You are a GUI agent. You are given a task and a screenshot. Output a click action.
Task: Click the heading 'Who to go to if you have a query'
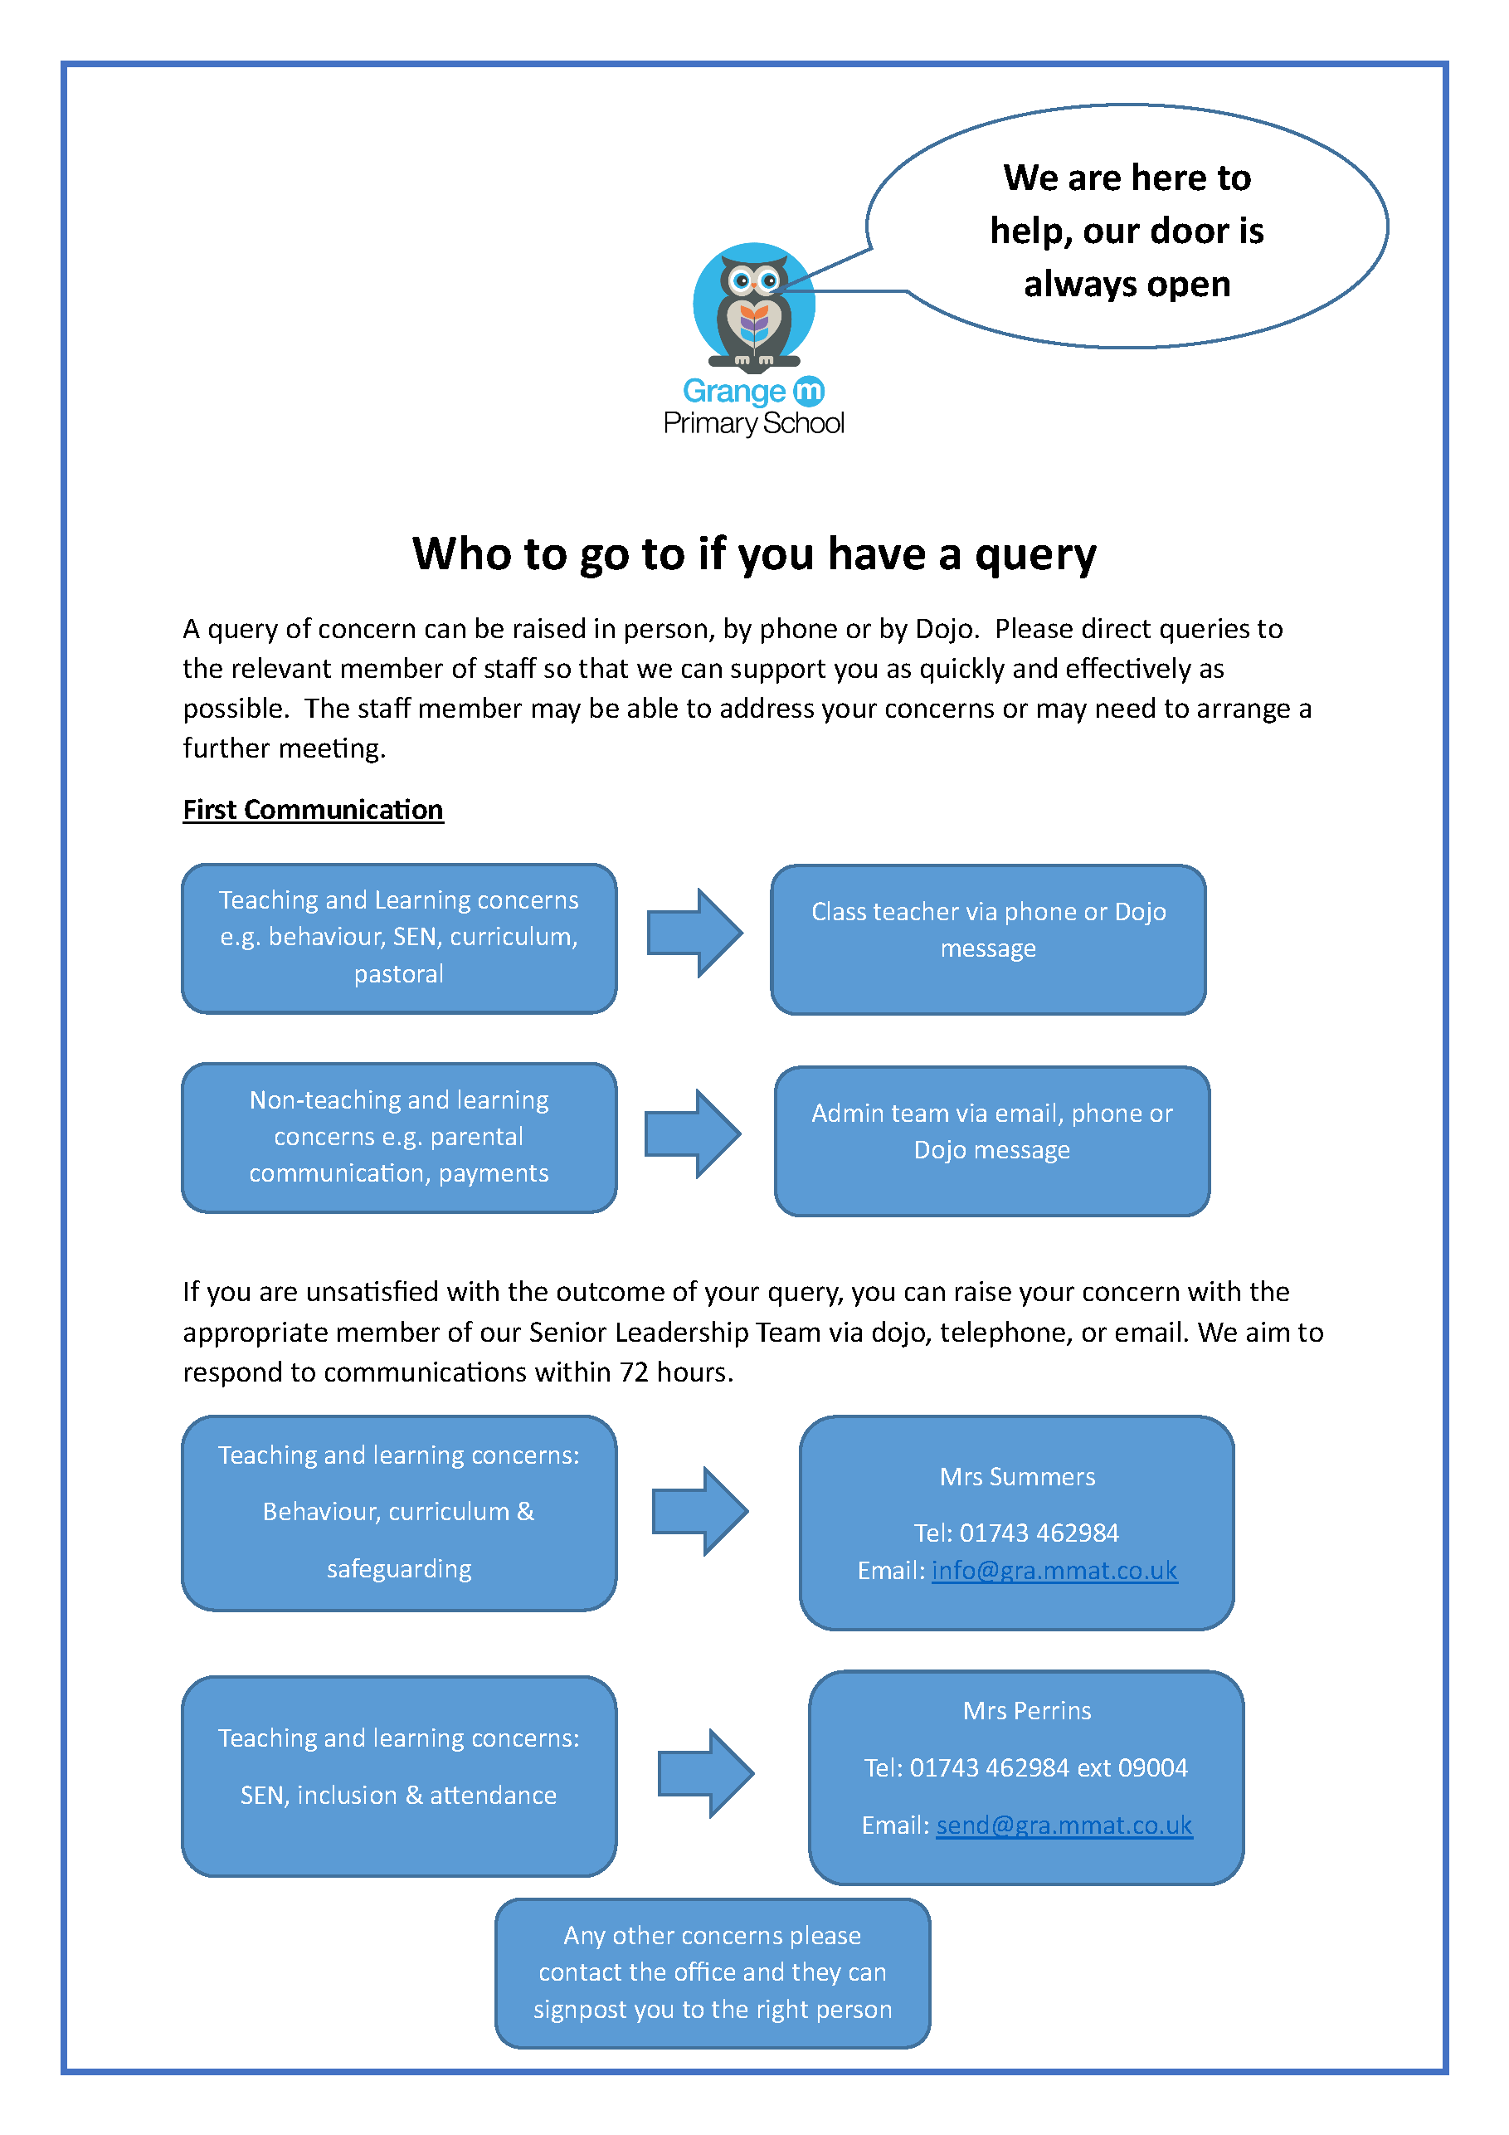[754, 554]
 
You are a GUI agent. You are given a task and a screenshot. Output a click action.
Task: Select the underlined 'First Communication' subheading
[313, 810]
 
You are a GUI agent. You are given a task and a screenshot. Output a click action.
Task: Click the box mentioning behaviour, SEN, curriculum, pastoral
[399, 938]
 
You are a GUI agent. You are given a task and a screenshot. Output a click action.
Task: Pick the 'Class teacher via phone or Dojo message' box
[988, 939]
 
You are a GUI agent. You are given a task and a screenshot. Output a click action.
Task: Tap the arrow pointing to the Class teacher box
[694, 933]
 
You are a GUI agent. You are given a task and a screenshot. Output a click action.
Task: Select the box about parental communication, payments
[399, 1138]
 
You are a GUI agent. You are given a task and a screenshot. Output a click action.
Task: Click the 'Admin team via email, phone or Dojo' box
[992, 1141]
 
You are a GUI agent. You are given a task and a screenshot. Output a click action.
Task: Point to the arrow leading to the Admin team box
[693, 1133]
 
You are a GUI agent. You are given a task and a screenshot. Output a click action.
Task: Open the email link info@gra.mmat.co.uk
[1054, 1571]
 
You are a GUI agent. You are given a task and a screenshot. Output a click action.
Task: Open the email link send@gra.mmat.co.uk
[1064, 1825]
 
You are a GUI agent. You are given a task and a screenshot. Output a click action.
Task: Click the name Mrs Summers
[1017, 1477]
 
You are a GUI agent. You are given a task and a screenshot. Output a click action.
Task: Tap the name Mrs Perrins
[1026, 1711]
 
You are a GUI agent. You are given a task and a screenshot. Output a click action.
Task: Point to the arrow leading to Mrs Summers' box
[700, 1511]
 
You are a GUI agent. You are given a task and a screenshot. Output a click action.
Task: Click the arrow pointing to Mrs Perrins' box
[706, 1773]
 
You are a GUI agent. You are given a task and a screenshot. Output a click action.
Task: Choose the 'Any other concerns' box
[713, 1973]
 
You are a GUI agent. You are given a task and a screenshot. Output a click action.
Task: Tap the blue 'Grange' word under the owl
[733, 392]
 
